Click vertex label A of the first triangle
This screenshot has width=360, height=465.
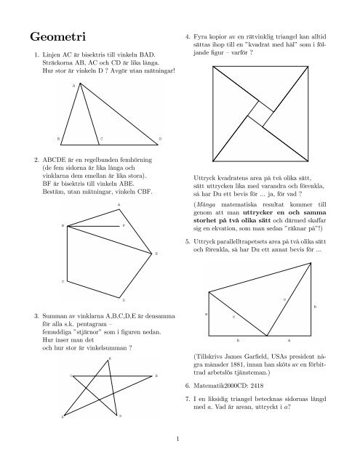(73, 86)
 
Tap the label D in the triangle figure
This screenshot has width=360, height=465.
(160, 138)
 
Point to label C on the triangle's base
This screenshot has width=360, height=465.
(102, 138)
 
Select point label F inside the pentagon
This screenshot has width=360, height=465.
(123, 227)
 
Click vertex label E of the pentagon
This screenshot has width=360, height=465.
(157, 254)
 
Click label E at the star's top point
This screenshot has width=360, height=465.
(109, 360)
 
